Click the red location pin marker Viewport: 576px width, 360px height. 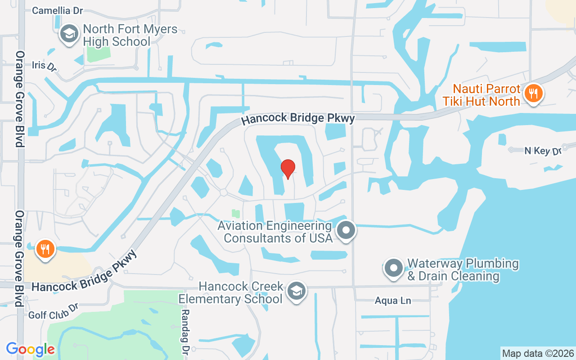coord(288,169)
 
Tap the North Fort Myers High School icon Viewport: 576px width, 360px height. coord(69,34)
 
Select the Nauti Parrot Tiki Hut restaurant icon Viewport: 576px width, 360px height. coord(533,94)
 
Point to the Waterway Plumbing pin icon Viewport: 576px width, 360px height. coord(394,268)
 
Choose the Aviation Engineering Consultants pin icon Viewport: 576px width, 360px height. coord(346,230)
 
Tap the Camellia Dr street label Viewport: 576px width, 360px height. coord(58,10)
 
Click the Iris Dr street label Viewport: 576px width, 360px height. coord(44,66)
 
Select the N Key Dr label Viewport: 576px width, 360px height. coord(543,151)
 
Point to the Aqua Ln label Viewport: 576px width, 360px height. coord(393,301)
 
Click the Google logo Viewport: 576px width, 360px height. coord(31,349)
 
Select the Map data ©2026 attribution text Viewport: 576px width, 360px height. coord(538,353)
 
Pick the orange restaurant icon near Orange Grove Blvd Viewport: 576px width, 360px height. coord(45,248)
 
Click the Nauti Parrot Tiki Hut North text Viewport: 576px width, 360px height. coord(481,95)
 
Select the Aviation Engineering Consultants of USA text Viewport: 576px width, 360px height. coord(278,231)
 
